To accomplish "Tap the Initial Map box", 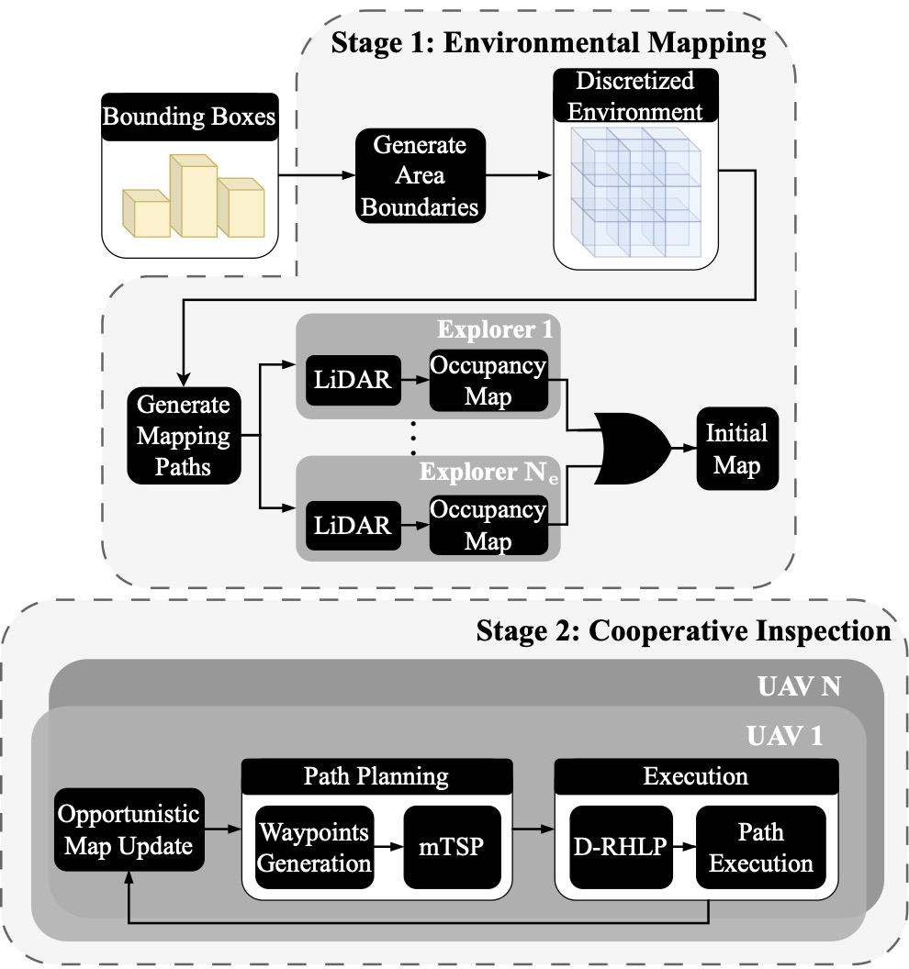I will coord(736,449).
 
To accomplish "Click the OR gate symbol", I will coord(634,446).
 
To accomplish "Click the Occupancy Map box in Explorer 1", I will coord(488,381).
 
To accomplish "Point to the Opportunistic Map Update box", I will coord(129,830).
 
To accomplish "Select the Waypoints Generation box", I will coord(315,848).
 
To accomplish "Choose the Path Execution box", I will coord(761,848).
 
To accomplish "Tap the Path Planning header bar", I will coord(376,777).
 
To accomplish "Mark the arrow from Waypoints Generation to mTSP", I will coord(388,849).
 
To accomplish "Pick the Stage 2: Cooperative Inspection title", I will coord(683,631).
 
